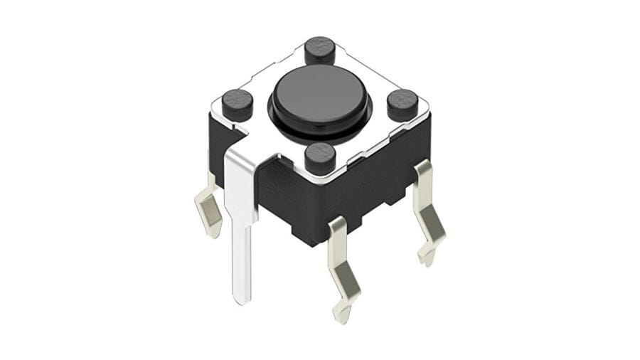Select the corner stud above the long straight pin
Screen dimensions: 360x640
pos(238,105)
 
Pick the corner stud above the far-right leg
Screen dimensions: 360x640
pos(402,104)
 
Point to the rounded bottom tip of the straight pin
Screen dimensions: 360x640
pos(242,299)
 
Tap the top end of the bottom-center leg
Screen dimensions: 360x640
pos(337,224)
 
